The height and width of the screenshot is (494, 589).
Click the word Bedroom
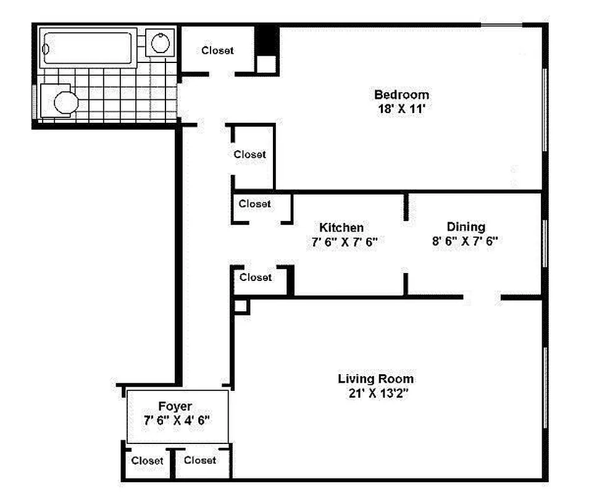[x=401, y=94]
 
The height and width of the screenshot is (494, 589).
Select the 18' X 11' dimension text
[x=401, y=109]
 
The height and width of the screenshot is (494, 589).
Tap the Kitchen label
[x=341, y=227]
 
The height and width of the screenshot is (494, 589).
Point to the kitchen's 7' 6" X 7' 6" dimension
[x=345, y=242]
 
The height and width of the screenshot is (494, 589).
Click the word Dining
[x=466, y=227]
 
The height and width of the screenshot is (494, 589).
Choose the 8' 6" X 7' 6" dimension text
[x=466, y=241]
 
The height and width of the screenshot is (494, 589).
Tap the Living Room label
[x=375, y=379]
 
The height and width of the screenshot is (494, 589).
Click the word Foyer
[x=175, y=406]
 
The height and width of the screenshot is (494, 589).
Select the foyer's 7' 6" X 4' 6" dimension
[x=177, y=420]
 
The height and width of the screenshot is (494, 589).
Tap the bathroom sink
[x=160, y=43]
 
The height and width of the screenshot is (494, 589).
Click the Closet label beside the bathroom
[x=217, y=51]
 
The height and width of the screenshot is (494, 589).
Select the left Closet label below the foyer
[x=148, y=461]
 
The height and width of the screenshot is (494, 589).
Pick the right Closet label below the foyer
[x=200, y=460]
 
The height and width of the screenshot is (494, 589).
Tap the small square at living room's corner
[x=241, y=306]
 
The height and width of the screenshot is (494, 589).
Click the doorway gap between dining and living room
[x=482, y=298]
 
